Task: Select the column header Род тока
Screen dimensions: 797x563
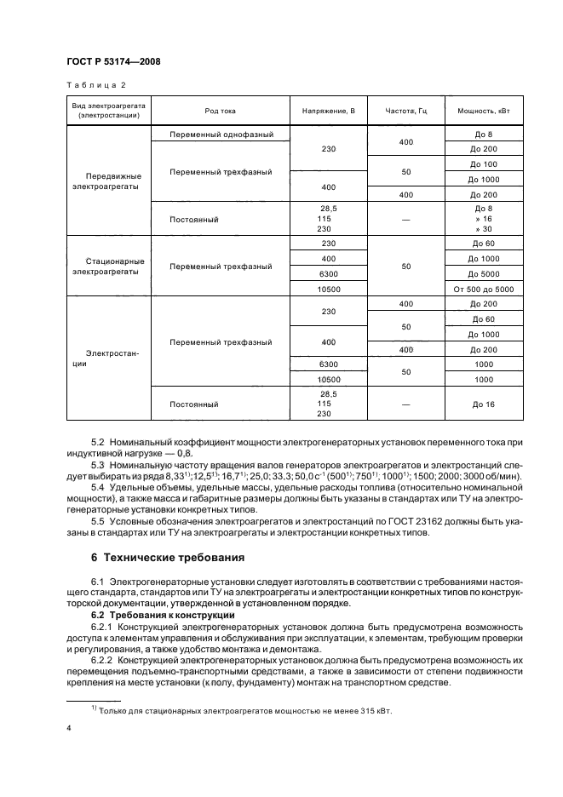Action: (x=221, y=112)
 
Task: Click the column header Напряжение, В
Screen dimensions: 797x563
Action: (x=328, y=112)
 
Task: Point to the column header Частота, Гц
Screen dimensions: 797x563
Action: (x=405, y=112)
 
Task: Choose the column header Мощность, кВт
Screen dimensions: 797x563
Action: (x=483, y=112)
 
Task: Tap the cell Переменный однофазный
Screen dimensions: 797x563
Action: (x=221, y=135)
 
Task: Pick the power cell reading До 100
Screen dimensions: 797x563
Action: (x=483, y=163)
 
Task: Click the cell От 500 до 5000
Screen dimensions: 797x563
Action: (x=483, y=290)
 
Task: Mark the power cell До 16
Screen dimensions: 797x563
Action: (x=483, y=404)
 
